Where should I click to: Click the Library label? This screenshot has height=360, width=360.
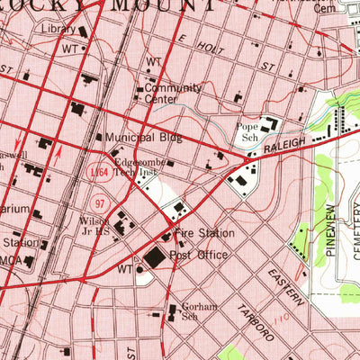coord(58,28)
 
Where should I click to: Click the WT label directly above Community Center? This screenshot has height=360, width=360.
coord(153,62)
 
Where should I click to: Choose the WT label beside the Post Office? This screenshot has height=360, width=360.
coord(125,268)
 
